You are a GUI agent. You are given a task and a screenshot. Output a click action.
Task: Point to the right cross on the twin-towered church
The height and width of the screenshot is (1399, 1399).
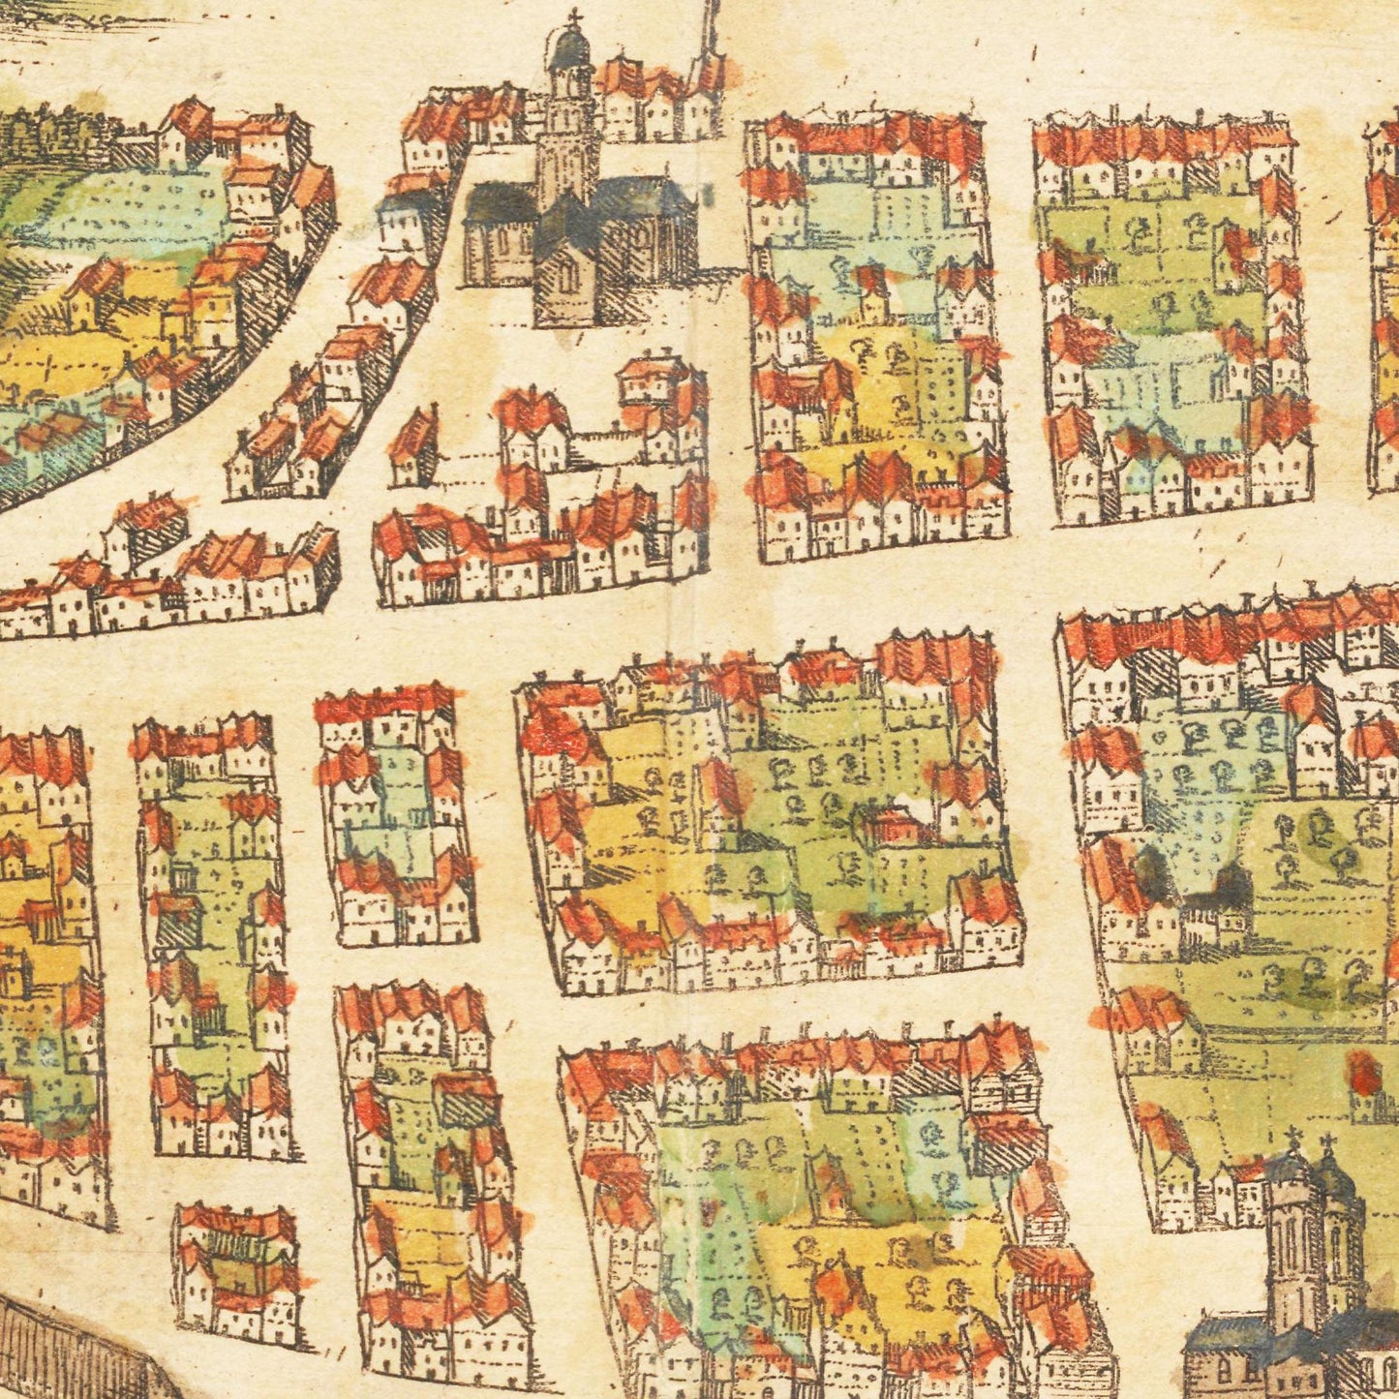pos(1328,1142)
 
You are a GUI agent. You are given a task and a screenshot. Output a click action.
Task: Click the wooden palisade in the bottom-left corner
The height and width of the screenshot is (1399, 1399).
pos(68,1351)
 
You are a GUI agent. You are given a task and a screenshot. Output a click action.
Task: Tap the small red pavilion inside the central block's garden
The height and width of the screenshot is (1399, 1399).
pos(896,826)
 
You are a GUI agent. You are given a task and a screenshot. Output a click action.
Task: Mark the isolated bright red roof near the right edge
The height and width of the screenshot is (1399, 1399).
pos(1365,1073)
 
